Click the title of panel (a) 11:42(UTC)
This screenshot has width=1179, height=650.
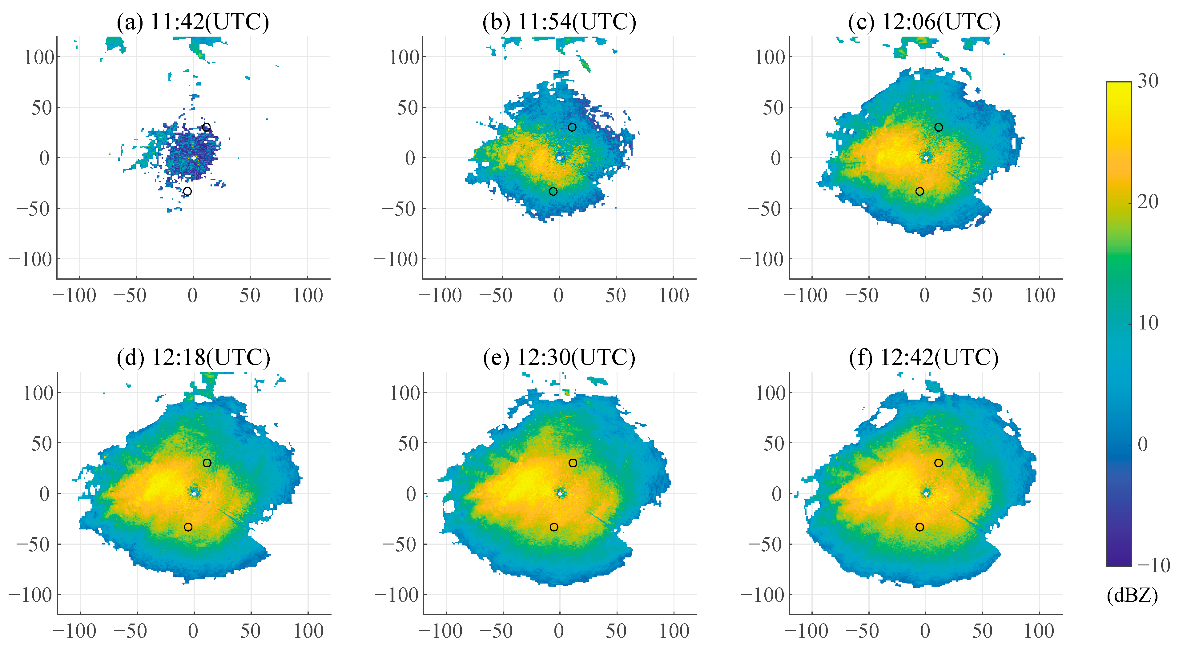coord(193,22)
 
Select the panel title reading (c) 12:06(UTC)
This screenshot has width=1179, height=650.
coord(924,22)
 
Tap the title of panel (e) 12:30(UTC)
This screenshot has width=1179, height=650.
coord(559,357)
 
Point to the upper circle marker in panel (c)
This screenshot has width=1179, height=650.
coord(938,127)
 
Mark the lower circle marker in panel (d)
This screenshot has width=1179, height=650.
coord(188,527)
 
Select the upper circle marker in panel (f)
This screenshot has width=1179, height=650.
coord(938,463)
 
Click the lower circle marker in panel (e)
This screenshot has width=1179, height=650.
coord(554,527)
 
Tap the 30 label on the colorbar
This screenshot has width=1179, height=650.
coord(1148,81)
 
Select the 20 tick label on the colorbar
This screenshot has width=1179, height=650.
coord(1148,202)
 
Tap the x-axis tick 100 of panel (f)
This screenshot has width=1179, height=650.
coord(1040,631)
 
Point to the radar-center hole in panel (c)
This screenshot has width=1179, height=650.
coord(926,158)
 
